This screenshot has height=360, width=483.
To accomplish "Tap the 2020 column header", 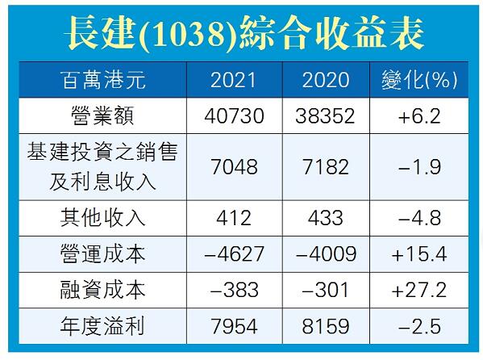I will click(x=326, y=79).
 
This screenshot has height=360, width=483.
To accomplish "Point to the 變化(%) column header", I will click(x=418, y=79).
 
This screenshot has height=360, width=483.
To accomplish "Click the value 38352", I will click(x=326, y=116).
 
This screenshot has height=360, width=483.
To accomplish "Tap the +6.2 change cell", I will click(x=418, y=116).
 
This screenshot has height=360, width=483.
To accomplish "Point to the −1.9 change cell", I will click(x=418, y=167).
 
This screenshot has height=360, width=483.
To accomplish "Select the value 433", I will click(x=326, y=218).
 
